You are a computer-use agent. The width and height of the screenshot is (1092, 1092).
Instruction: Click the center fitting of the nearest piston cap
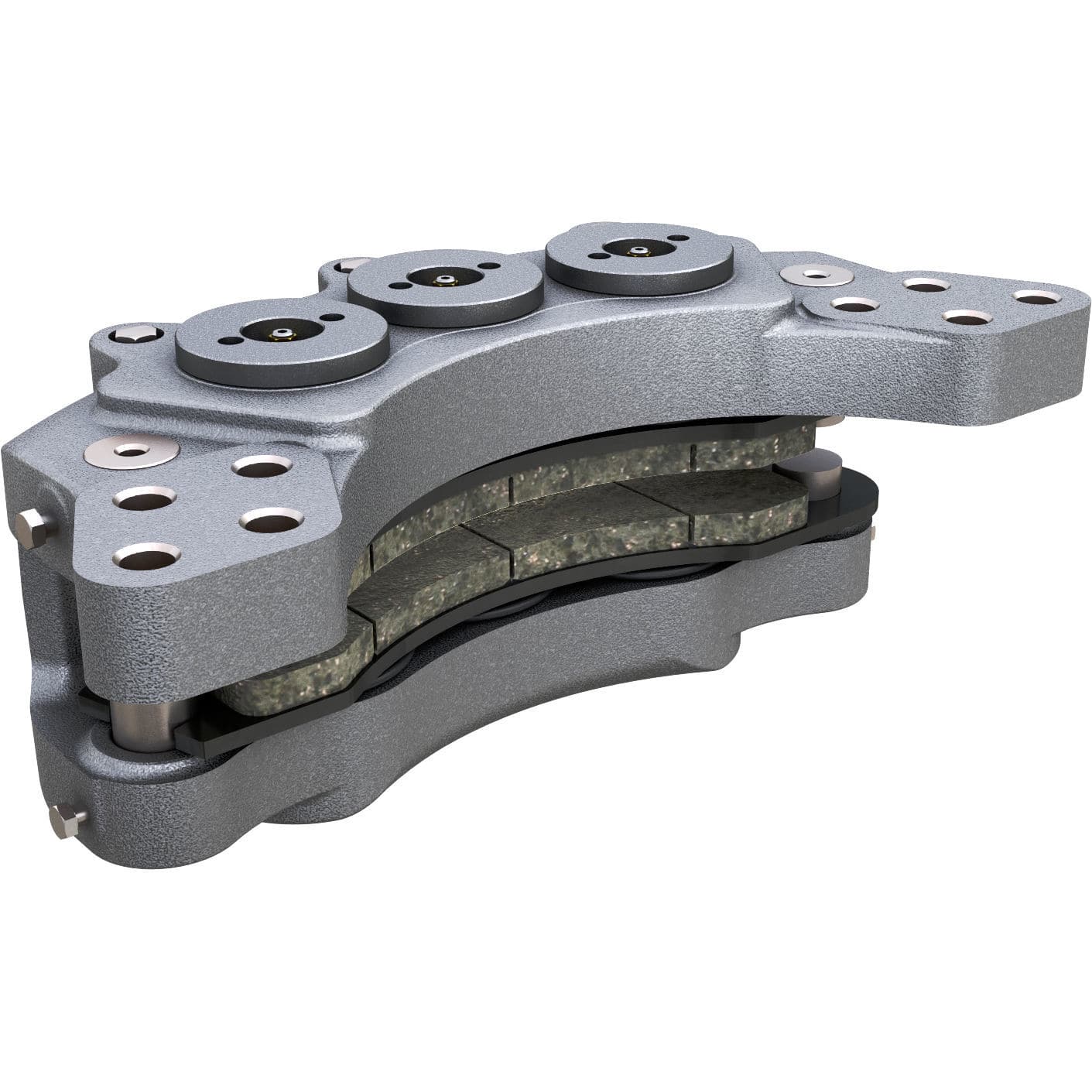click(280, 334)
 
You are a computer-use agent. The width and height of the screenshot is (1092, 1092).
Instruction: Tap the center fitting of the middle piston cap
click(443, 279)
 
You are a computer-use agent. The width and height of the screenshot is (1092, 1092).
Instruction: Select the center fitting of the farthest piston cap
click(638, 250)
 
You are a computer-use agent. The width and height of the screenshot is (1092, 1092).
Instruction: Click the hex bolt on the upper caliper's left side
click(33, 529)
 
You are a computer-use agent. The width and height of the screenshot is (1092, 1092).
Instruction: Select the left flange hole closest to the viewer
click(146, 554)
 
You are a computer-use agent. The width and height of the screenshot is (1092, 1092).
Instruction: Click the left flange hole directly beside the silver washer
click(262, 466)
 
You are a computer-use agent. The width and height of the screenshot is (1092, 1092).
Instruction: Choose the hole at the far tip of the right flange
click(1036, 298)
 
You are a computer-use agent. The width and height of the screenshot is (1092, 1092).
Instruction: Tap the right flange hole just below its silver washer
click(853, 304)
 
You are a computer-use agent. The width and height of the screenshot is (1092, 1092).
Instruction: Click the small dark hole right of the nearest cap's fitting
click(333, 317)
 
